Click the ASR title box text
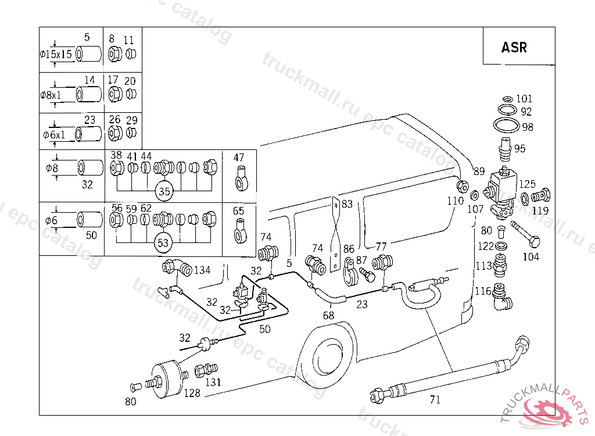click(x=514, y=47)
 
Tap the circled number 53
click(x=164, y=242)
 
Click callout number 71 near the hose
click(x=435, y=399)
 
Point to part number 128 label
click(x=192, y=393)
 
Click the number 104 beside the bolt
click(x=531, y=256)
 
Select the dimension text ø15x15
click(x=56, y=54)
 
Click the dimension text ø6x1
click(x=56, y=134)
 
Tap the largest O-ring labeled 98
click(x=505, y=126)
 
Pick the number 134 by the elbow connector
click(x=202, y=270)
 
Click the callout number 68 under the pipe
click(x=329, y=315)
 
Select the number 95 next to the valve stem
click(x=519, y=148)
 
